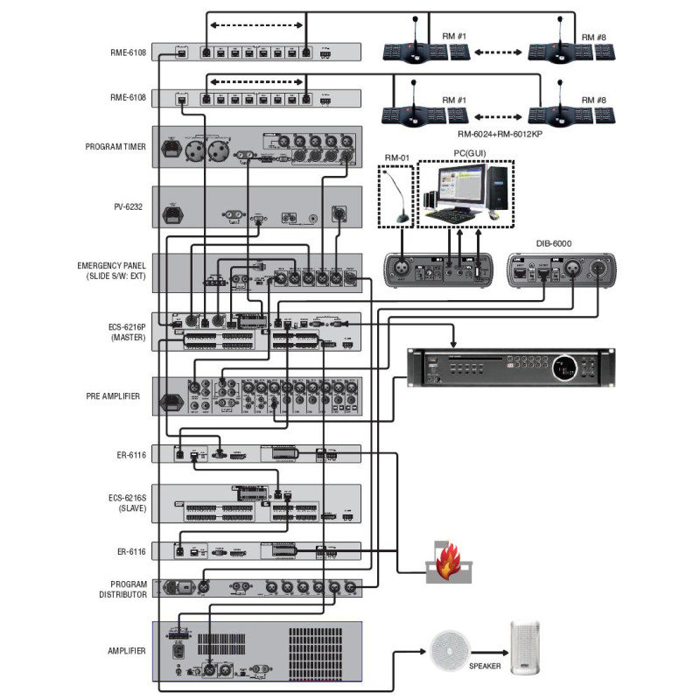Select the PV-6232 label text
tap(127, 206)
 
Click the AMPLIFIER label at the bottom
tap(123, 650)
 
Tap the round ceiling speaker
tap(449, 652)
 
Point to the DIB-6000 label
tap(555, 244)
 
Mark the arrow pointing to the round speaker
tap(411, 652)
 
